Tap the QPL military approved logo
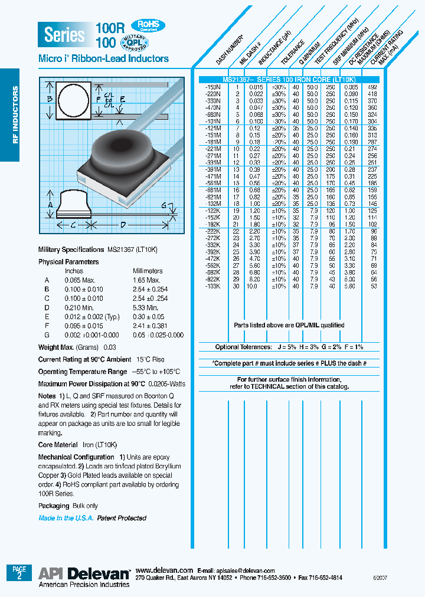click(x=135, y=42)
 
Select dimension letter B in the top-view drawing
click(x=50, y=99)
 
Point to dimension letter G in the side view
click(x=163, y=205)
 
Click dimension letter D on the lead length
click(x=123, y=225)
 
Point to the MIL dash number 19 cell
click(x=237, y=210)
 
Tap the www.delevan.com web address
click(x=164, y=570)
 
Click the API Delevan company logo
click(x=84, y=573)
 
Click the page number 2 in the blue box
click(x=19, y=577)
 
